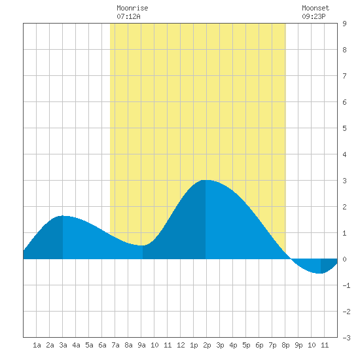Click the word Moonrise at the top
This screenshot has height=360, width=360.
pyautogui.click(x=132, y=8)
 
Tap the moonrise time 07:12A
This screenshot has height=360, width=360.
pyautogui.click(x=128, y=16)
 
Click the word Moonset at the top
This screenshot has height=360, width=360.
pyautogui.click(x=315, y=8)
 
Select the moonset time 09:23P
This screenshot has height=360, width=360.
pyautogui.click(x=314, y=16)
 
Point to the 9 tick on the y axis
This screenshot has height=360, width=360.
pyautogui.click(x=344, y=24)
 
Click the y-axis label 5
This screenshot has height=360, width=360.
pyautogui.click(x=344, y=128)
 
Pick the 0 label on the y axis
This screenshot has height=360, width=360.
pyautogui.click(x=344, y=259)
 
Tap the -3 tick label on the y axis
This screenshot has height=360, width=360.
pyautogui.click(x=346, y=338)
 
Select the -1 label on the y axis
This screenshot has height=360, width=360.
pyautogui.click(x=346, y=285)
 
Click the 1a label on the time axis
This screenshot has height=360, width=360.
pyautogui.click(x=37, y=345)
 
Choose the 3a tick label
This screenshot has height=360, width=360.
pyautogui.click(x=63, y=345)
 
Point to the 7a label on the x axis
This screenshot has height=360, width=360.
pyautogui.click(x=115, y=345)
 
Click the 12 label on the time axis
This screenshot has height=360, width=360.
pyautogui.click(x=181, y=345)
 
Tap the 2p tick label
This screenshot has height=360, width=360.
pyautogui.click(x=207, y=345)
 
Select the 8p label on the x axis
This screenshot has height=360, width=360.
pyautogui.click(x=285, y=345)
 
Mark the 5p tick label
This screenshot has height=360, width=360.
pyautogui.click(x=246, y=345)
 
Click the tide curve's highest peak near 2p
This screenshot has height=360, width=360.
pyautogui.click(x=206, y=180)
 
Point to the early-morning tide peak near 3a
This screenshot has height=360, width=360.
pyautogui.click(x=62, y=216)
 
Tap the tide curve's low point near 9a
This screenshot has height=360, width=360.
pyautogui.click(x=142, y=245)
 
